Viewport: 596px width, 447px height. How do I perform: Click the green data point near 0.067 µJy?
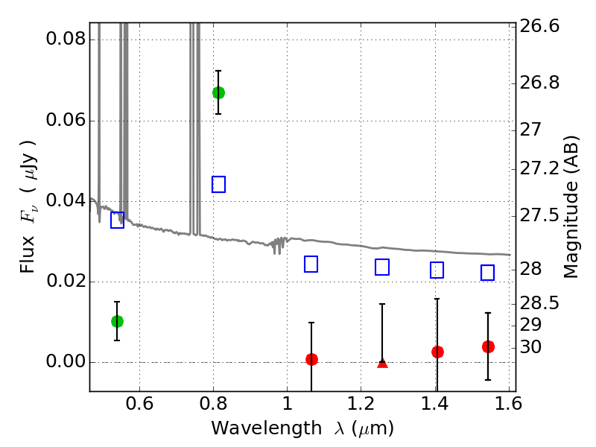click(x=218, y=92)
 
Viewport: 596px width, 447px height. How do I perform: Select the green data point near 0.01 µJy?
click(x=117, y=321)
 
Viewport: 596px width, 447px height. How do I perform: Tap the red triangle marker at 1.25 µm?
click(x=382, y=363)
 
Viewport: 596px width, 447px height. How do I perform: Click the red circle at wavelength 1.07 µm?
click(x=311, y=359)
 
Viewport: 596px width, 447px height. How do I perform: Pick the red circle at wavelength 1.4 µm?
click(x=437, y=352)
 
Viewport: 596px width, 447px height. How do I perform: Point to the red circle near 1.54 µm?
click(x=488, y=346)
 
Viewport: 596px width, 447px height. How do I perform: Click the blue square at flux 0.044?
click(x=218, y=184)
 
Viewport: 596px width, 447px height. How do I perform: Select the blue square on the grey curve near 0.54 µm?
click(x=117, y=220)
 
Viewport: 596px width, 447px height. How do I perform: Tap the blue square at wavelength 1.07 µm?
click(x=311, y=264)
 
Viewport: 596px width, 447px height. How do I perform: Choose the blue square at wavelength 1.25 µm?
click(x=382, y=267)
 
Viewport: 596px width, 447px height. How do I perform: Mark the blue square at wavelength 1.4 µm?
click(x=437, y=270)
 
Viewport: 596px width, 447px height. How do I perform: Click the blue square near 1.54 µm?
click(x=488, y=273)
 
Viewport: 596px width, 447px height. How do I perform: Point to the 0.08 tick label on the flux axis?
click(x=64, y=40)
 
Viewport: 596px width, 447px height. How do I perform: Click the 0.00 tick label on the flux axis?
click(x=64, y=363)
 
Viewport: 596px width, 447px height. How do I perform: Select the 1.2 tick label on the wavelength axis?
click(x=361, y=406)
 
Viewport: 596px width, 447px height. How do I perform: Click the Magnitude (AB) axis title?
click(x=572, y=206)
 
